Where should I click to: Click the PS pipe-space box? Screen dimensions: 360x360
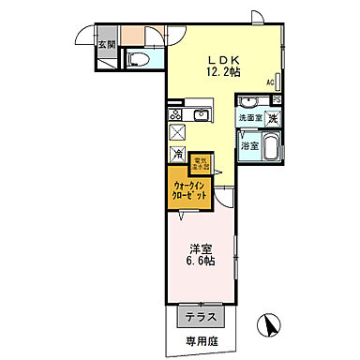pos(276,100)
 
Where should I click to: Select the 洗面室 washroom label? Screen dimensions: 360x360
pos(249,118)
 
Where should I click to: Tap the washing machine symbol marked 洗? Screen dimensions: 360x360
pos(272,118)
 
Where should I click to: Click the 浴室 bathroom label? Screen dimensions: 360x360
pos(249,146)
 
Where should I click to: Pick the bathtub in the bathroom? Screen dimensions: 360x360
pos(270,147)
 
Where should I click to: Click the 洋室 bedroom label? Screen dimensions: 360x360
pos(200,249)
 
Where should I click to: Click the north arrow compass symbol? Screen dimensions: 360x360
pos(272,328)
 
